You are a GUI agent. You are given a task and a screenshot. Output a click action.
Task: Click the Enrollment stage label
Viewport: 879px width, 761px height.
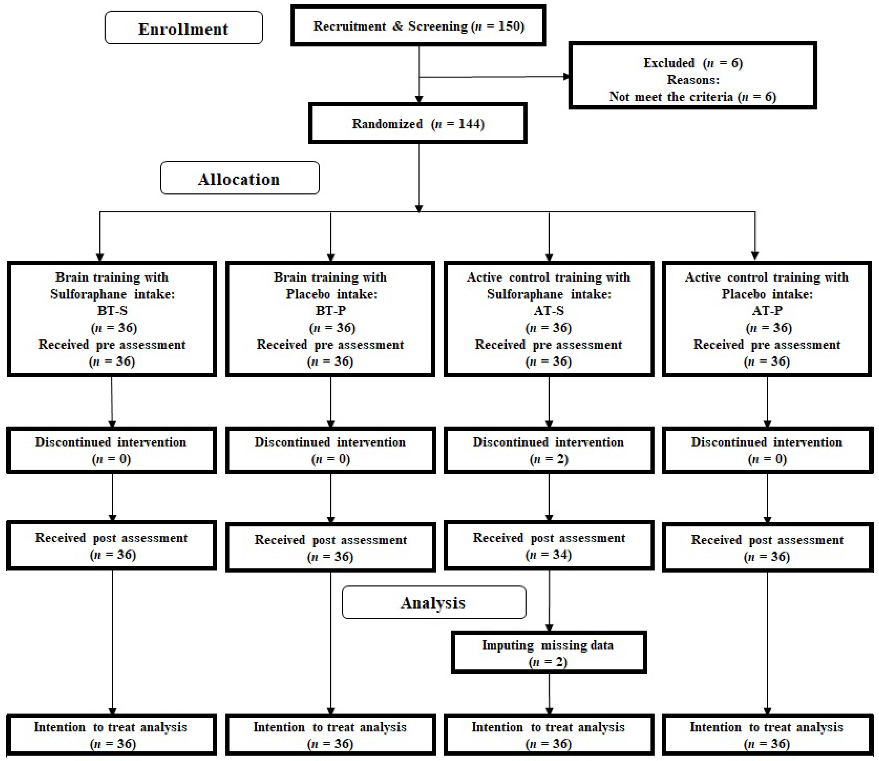point(183,29)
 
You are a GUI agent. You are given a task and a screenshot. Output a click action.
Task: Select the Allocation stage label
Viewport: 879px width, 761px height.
point(239,178)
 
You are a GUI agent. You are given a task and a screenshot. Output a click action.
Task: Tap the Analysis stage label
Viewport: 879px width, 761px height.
point(433,602)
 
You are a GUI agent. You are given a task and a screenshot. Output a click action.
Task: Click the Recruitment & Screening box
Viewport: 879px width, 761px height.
point(418,26)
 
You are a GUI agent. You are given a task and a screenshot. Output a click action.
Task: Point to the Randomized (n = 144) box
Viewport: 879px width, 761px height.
point(418,124)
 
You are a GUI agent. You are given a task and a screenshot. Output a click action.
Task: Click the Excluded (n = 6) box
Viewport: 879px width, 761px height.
point(692,76)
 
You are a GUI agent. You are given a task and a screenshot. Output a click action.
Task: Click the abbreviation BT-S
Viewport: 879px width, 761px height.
point(112,310)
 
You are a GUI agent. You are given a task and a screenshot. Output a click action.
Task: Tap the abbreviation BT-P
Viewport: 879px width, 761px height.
point(330,310)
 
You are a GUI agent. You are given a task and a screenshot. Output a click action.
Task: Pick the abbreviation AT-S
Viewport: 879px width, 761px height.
point(549,310)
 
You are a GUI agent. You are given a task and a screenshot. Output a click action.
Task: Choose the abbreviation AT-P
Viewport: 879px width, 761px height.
point(767,310)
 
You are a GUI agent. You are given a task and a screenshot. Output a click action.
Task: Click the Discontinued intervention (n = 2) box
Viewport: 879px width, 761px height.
point(548,450)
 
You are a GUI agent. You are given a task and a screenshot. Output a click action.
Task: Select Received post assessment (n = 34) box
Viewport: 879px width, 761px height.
point(548,546)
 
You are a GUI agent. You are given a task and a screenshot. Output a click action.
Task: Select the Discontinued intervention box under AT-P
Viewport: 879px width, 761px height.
point(767,450)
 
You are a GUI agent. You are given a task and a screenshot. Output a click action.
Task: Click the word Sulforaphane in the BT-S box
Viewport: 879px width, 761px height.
point(88,294)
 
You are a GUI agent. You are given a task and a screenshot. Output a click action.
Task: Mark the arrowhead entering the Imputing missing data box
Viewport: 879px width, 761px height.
point(549,628)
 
